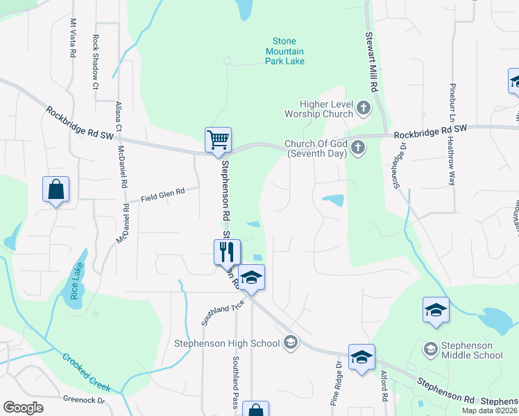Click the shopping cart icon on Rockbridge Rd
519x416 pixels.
tap(218, 139)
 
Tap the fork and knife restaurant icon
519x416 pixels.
tap(227, 251)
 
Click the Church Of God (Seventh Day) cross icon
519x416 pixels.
tap(358, 147)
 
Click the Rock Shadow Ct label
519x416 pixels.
tap(96, 62)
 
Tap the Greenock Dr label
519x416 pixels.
tap(83, 400)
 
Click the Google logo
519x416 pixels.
tap(23, 408)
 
